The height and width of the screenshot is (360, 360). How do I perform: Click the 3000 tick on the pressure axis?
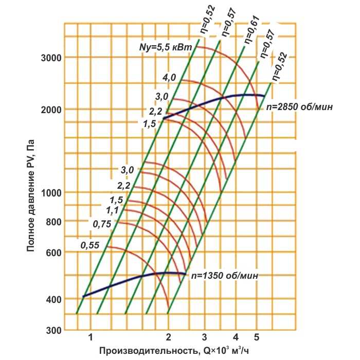pos(51,58)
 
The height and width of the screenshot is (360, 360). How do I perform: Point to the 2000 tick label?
pos(51,110)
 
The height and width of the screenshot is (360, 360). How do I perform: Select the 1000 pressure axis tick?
pos(51,193)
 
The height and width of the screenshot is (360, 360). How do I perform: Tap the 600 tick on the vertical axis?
pos(53,253)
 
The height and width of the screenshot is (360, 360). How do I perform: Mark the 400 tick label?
pos(53,299)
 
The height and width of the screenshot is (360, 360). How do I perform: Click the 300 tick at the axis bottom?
pos(53,330)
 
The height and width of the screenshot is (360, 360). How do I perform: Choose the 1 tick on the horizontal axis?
pos(91,337)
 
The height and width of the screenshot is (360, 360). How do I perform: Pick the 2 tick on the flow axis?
pos(169,337)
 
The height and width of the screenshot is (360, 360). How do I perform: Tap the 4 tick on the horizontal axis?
pos(236,337)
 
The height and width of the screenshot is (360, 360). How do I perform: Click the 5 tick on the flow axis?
pos(257,337)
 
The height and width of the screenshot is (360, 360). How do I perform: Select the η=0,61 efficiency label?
pos(251,29)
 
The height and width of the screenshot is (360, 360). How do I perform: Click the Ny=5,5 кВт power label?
pos(166,47)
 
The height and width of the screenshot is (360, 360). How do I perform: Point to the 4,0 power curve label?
pos(169,78)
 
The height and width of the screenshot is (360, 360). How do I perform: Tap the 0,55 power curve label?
pos(90,245)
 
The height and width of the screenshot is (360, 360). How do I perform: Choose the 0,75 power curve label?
pos(102,224)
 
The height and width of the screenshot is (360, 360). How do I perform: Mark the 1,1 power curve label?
pos(112,210)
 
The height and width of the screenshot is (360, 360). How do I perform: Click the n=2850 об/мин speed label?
pos(299,107)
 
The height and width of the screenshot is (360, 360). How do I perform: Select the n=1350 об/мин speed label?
pos(225,276)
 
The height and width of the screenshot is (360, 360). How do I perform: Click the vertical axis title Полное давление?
pos(30,195)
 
